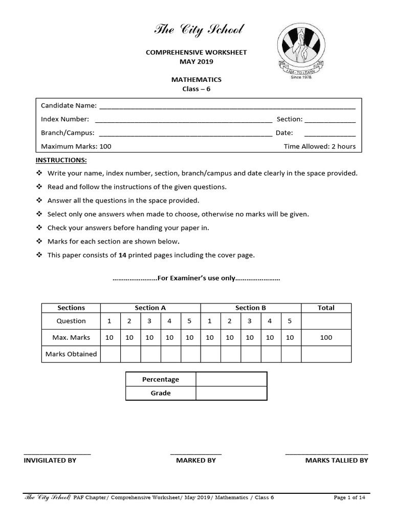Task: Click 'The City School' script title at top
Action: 199,30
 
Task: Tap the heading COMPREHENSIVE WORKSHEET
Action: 196,53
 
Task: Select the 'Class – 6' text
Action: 196,89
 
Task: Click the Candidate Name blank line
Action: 227,106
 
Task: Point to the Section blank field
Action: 330,120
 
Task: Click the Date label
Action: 285,133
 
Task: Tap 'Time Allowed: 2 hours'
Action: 319,146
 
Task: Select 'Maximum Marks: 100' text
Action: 76,146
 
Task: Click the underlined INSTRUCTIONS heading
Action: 61,160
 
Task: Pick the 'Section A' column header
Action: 150,308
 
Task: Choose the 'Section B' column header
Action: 250,308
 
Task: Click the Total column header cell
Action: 326,308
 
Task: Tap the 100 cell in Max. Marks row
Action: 326,337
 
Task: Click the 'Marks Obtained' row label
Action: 71,354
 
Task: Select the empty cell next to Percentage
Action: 231,379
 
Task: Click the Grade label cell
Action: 160,393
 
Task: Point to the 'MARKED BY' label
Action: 196,460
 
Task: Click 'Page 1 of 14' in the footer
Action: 349,497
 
